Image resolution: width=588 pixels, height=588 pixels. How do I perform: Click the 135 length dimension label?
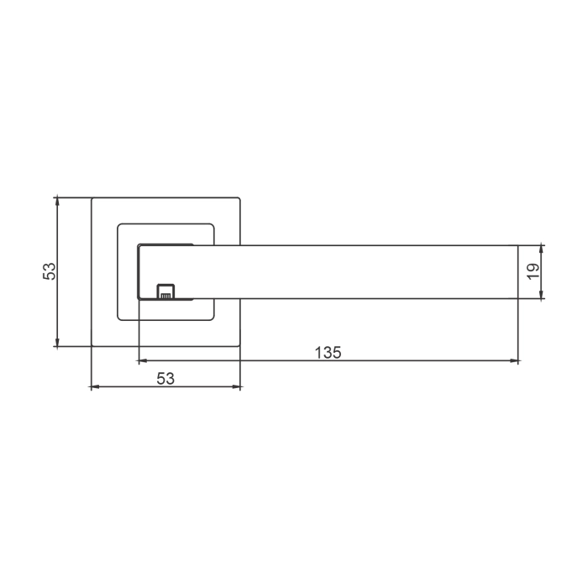(x=328, y=353)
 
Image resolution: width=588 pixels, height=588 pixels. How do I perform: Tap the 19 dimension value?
(x=532, y=271)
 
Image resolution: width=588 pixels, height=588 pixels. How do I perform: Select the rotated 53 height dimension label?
(x=50, y=271)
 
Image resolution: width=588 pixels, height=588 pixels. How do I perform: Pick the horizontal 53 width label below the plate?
(x=165, y=379)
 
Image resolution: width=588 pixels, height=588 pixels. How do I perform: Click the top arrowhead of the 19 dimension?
(x=542, y=249)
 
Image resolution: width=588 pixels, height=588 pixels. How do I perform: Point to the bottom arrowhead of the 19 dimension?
(x=542, y=295)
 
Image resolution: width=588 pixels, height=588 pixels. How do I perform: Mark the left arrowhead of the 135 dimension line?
(x=141, y=361)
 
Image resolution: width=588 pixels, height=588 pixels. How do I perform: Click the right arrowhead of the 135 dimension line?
(x=515, y=361)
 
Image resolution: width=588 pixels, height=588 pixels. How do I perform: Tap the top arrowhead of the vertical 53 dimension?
(x=57, y=202)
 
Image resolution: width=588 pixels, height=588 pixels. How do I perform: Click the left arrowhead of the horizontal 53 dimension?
(x=94, y=387)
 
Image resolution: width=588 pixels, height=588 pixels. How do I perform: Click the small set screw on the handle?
(x=165, y=291)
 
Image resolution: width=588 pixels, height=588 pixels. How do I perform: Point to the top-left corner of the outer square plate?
(x=91, y=197)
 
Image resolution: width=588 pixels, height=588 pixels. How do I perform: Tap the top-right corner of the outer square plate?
(x=241, y=197)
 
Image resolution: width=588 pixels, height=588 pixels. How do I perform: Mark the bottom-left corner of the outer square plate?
(x=91, y=346)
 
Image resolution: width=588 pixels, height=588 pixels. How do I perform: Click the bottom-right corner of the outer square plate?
(x=241, y=346)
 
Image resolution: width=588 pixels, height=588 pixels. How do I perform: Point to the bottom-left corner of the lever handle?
(x=138, y=299)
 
